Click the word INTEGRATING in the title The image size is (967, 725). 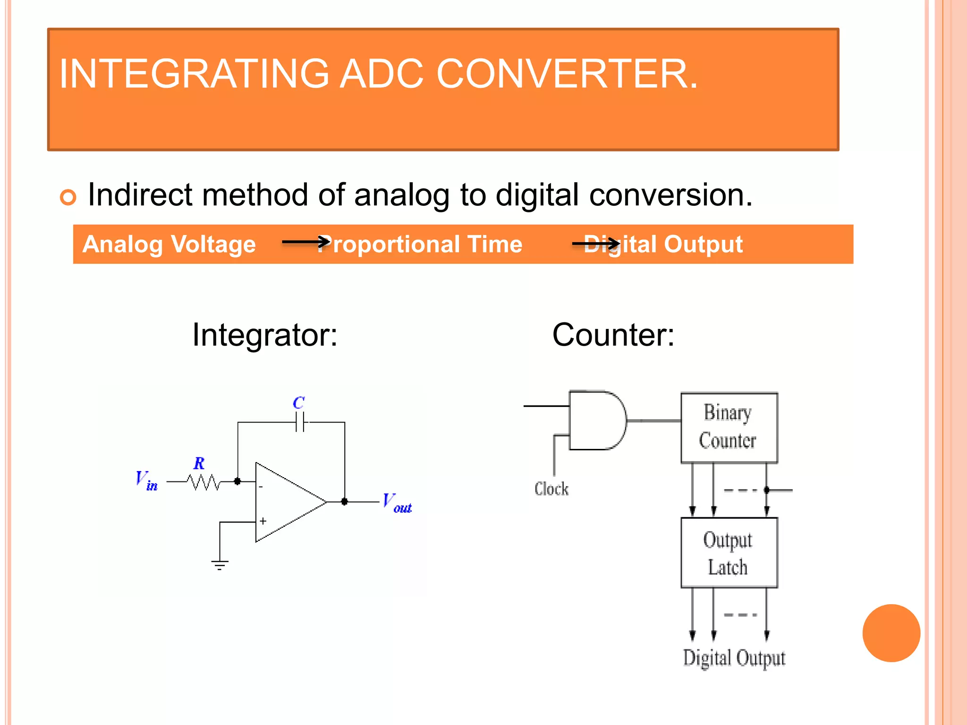194,74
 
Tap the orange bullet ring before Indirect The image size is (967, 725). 68,197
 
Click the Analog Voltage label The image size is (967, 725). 169,244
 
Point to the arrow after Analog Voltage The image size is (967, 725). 305,242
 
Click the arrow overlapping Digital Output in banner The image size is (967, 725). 595,244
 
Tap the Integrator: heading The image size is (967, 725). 265,335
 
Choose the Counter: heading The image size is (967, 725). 613,335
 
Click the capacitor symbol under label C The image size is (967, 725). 300,422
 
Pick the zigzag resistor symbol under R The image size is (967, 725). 204,482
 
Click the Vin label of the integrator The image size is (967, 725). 146,481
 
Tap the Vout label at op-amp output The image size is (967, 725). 397,503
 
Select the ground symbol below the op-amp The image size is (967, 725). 220,565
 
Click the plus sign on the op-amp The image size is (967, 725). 263,521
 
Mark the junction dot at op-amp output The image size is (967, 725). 345,501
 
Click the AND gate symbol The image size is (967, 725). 597,420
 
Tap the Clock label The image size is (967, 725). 551,489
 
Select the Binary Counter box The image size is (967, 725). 729,427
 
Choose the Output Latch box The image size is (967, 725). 729,553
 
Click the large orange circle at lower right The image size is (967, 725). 891,633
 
